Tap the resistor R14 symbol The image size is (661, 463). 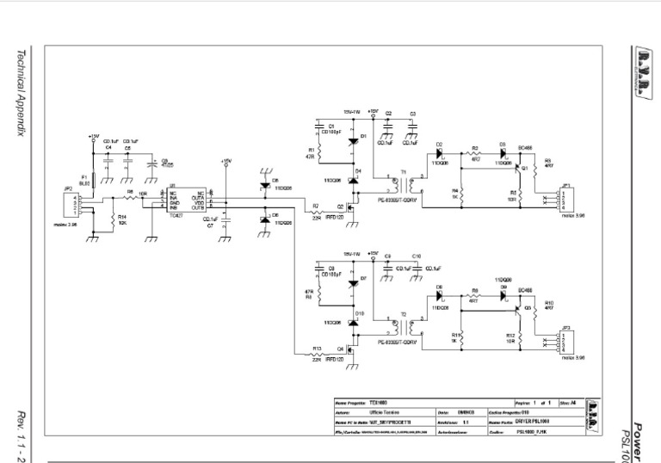pos(114,218)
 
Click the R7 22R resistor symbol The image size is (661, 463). pos(317,212)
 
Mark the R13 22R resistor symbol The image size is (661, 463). pos(317,354)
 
